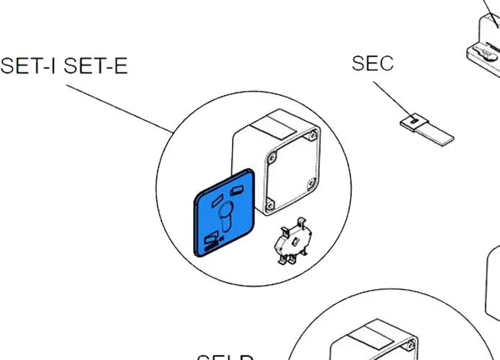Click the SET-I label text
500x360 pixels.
pos(30,66)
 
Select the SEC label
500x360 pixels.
pos(372,63)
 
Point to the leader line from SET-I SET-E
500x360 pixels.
pos(120,107)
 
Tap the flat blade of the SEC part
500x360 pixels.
pos(438,132)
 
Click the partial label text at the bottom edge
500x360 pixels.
pos(225,357)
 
